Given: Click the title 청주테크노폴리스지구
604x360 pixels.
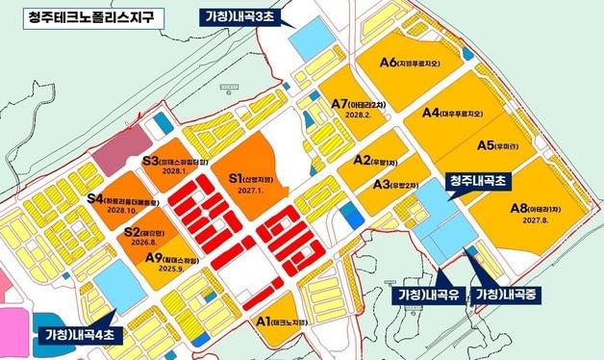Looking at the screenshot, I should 85,16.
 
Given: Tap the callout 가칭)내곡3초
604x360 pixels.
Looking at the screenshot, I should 244,16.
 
